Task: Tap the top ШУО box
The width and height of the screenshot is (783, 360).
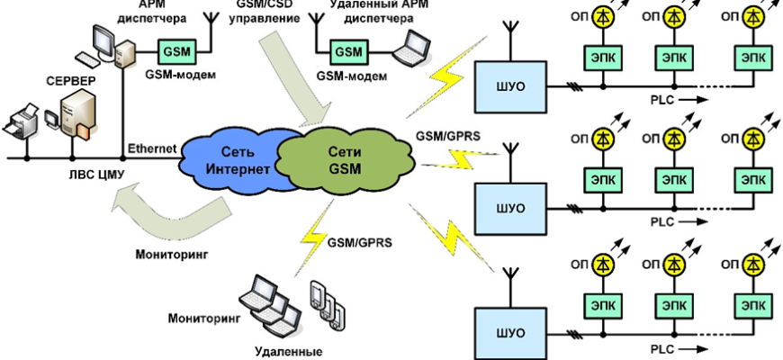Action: click(511, 87)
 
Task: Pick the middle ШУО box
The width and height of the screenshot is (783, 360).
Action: click(511, 208)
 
